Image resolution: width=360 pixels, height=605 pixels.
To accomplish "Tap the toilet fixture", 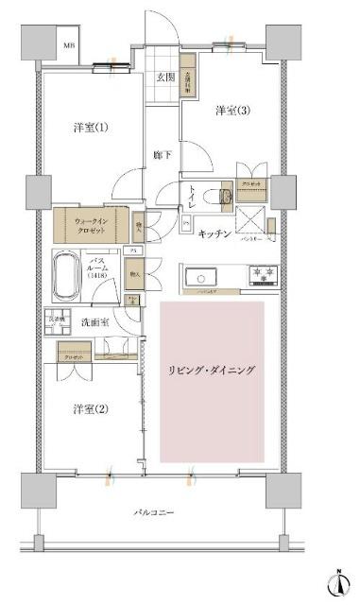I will point(224,198).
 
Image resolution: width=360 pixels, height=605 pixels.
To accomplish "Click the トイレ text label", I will point(193,199).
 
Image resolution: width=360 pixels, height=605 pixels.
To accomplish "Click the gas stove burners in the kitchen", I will point(262,275).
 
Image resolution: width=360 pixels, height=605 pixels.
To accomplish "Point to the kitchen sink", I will point(202,277).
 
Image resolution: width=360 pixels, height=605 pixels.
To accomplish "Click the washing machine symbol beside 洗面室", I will point(58,321).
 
